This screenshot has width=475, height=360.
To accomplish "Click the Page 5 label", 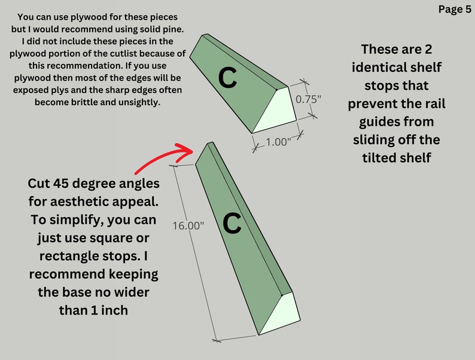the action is pos(455,10).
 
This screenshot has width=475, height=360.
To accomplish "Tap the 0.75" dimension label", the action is pos(308,99).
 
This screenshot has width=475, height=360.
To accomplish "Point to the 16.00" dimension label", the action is pos(188,225).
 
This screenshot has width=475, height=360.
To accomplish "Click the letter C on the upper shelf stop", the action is pos(227,78).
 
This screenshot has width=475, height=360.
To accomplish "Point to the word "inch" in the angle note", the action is pos(114,310).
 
